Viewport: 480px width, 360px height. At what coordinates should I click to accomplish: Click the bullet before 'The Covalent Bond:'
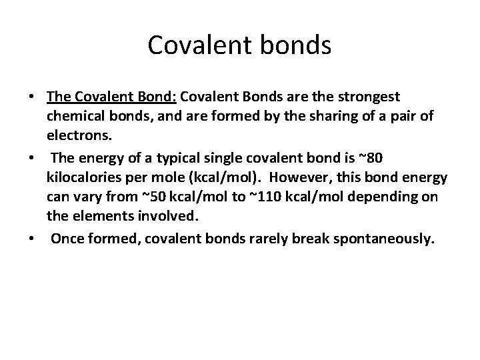[31, 97]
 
